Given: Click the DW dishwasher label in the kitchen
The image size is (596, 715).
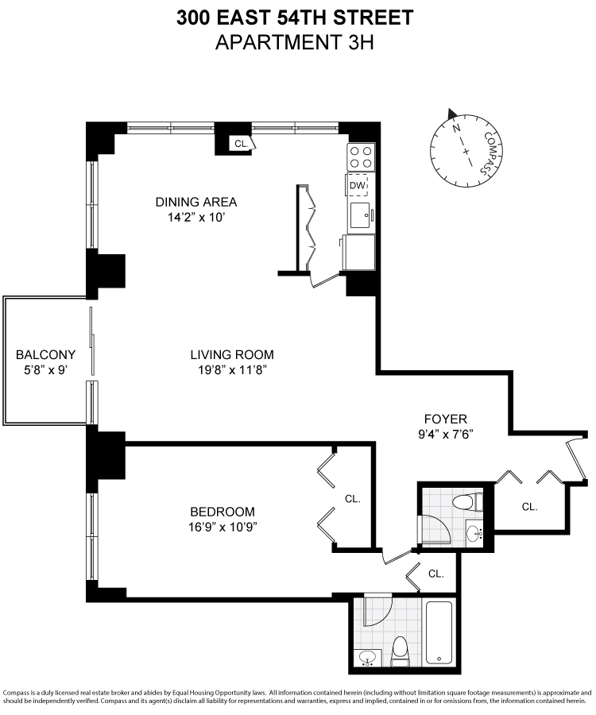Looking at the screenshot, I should [358, 186].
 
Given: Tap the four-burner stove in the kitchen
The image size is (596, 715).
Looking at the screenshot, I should [361, 156].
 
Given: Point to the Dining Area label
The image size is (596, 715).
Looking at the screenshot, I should [195, 202].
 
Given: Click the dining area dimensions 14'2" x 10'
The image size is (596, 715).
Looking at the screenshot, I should [195, 217].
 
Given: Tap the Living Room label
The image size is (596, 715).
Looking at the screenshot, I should [231, 354].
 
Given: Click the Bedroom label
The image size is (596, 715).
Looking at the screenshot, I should [222, 512].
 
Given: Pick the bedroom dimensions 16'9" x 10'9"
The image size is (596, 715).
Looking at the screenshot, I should [222, 527].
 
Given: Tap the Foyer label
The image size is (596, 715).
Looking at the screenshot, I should [445, 419].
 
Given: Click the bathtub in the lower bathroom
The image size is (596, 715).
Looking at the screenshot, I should [439, 633].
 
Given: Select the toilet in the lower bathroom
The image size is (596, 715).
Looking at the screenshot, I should [400, 650].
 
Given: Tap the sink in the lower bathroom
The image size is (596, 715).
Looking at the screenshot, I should [368, 658].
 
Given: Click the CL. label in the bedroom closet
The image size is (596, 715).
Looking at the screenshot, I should [353, 499].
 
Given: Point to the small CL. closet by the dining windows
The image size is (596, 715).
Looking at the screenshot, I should [239, 144].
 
